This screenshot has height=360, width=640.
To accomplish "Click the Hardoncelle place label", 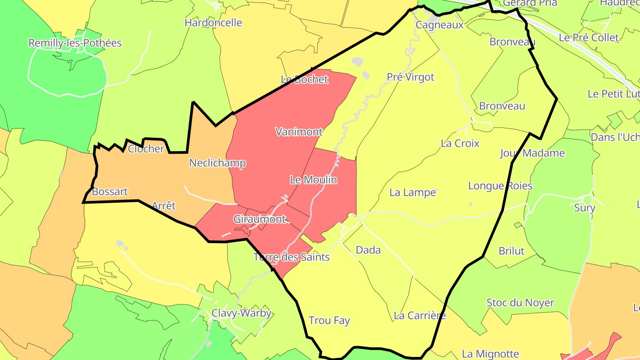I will coord(213,23).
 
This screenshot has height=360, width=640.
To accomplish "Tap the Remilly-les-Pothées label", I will coord(75,43).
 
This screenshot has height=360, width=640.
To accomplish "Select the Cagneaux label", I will coord(440,25).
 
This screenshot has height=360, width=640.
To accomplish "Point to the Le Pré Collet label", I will coord(588,38).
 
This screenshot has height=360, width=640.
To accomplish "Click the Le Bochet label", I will coord(304,80).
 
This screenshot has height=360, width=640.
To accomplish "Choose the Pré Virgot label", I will coord(410,77).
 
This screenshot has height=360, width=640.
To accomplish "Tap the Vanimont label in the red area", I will coord(299,132).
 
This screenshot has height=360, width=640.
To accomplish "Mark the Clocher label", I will coord(146,149).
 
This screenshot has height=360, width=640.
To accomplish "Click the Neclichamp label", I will coord(217,163).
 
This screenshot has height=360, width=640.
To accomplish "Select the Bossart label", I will coord(110,192).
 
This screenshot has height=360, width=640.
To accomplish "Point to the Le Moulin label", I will coord(313,180).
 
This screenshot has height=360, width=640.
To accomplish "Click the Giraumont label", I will coord(260,219).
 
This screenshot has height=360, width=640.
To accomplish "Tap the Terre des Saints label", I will coord(292,257).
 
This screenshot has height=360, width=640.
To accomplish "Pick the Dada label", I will coord(368,250).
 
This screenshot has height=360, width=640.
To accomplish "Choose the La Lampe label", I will coord(412,192).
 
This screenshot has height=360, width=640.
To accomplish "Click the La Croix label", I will coord(460,144).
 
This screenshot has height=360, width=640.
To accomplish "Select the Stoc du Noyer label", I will coord(520,303).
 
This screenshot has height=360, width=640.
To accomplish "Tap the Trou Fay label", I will coord(329,320).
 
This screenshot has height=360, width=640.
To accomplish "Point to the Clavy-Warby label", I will coord(241,313).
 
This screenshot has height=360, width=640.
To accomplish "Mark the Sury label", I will coord(584,208).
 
